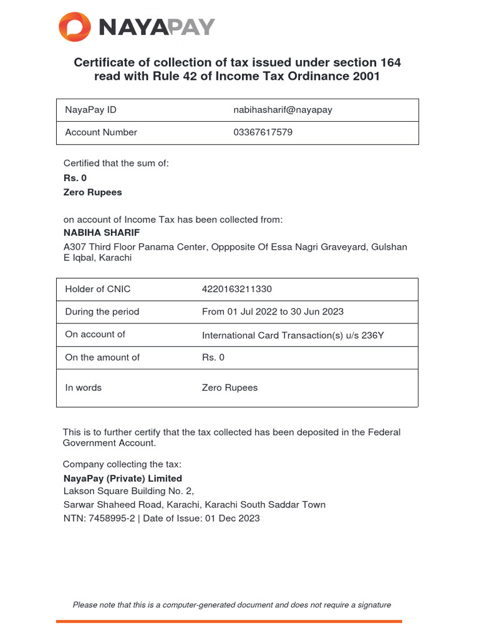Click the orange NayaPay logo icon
pos(74,27)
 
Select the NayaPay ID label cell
pos(90,110)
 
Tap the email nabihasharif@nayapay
pos(283,110)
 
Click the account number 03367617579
pos(263,132)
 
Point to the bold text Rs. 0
pos(75,178)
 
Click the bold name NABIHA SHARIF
pos(102,232)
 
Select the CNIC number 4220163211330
pos(237,289)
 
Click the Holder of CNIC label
pos(98,289)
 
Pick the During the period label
pos(102,311)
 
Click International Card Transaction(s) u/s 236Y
pos(293,335)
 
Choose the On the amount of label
pos(102,358)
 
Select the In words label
pos(84,388)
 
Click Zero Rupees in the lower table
pos(230,388)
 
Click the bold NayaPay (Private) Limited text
pos(123,479)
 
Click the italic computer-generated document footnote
pos(232,605)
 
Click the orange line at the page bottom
pos(229,621)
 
